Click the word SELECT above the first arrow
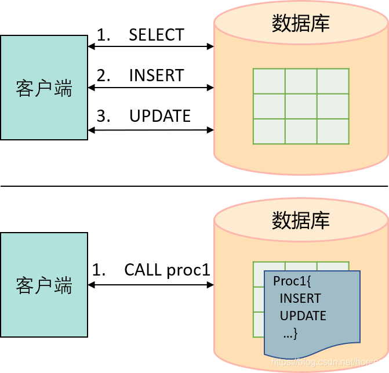pos(157,34)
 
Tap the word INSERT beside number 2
pos(157,75)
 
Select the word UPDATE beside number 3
pos(160,116)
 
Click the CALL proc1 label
pos(167,270)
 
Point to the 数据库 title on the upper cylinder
pos(301,23)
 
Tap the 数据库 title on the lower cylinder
pos(301,220)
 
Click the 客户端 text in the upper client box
pos(44,88)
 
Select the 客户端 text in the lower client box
pos(44,285)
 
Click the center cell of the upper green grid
pos(301,106)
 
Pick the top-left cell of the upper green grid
pos(269,81)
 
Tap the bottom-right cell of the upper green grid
pos(333,131)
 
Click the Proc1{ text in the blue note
pos(292,281)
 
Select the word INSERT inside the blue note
pos(300,298)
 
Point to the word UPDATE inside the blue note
pos(303,316)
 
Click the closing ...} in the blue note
pos(290,334)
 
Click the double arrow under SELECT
pos(151,46)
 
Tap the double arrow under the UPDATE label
pos(151,130)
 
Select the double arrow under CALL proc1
pos(151,285)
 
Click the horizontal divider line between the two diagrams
pos(194,186)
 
